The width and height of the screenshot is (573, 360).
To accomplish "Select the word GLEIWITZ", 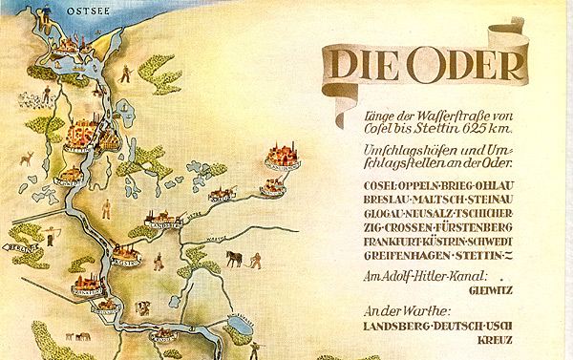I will [492, 290].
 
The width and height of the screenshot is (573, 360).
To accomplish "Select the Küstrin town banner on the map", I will [127, 260].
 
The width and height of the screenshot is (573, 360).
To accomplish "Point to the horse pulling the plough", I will [233, 258].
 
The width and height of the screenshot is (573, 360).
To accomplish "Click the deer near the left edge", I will [26, 158].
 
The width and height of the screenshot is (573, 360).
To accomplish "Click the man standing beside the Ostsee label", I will [125, 72].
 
